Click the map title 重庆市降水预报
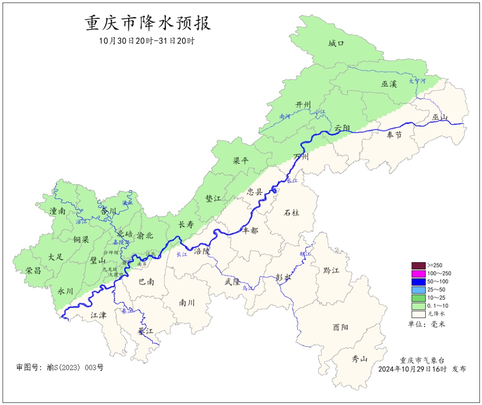[148, 23]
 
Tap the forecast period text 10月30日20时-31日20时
[147, 41]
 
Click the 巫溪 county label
[389, 83]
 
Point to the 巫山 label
[440, 117]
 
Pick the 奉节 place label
[394, 135]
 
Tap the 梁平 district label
[241, 161]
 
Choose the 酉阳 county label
[340, 327]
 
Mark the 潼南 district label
[58, 211]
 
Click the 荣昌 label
[33, 270]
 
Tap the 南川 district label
[187, 302]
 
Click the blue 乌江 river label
[247, 289]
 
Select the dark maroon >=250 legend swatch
[418, 266]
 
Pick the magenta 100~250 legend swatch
[418, 274]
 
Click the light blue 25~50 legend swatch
[418, 290]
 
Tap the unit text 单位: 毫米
[427, 324]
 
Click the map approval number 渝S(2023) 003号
[60, 368]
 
